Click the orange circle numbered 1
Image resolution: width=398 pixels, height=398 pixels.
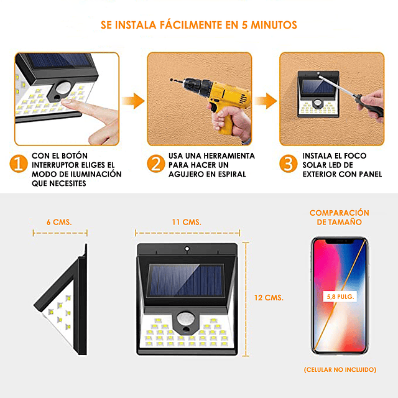pos(19,164)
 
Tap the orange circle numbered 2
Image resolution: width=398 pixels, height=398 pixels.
pos(156,164)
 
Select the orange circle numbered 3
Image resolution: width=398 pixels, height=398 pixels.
pos(289,164)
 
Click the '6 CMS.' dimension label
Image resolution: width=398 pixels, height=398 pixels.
pos(59,223)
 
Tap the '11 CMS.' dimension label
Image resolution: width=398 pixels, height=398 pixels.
pos(187,223)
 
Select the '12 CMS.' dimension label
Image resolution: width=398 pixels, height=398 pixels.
pos(269,298)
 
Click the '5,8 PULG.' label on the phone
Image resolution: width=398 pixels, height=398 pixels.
pos(340,297)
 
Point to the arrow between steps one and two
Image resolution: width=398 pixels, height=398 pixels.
pos(133,101)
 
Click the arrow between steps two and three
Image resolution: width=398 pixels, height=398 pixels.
pos(266,101)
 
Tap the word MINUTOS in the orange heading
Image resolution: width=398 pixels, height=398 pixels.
pos(274,25)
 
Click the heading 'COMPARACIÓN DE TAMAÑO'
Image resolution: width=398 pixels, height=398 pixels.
pos(339,217)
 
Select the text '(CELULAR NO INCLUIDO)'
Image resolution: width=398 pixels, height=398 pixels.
pos(340,369)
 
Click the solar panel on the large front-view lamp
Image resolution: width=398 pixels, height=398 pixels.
pos(186,280)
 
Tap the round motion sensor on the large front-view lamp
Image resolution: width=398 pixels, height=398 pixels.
pos(186,319)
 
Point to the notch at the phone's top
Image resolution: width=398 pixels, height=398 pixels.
pos(340,241)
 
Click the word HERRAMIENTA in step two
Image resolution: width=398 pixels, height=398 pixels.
pos(229,156)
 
